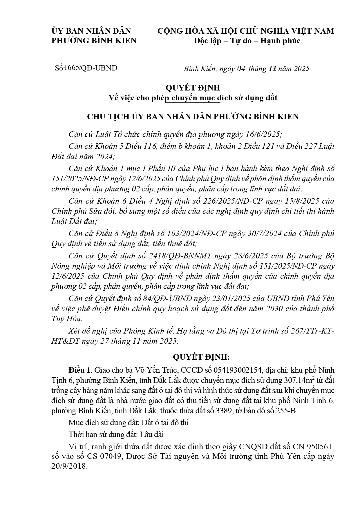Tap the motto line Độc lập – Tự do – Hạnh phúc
point(247,41)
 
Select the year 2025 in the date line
point(302,68)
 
